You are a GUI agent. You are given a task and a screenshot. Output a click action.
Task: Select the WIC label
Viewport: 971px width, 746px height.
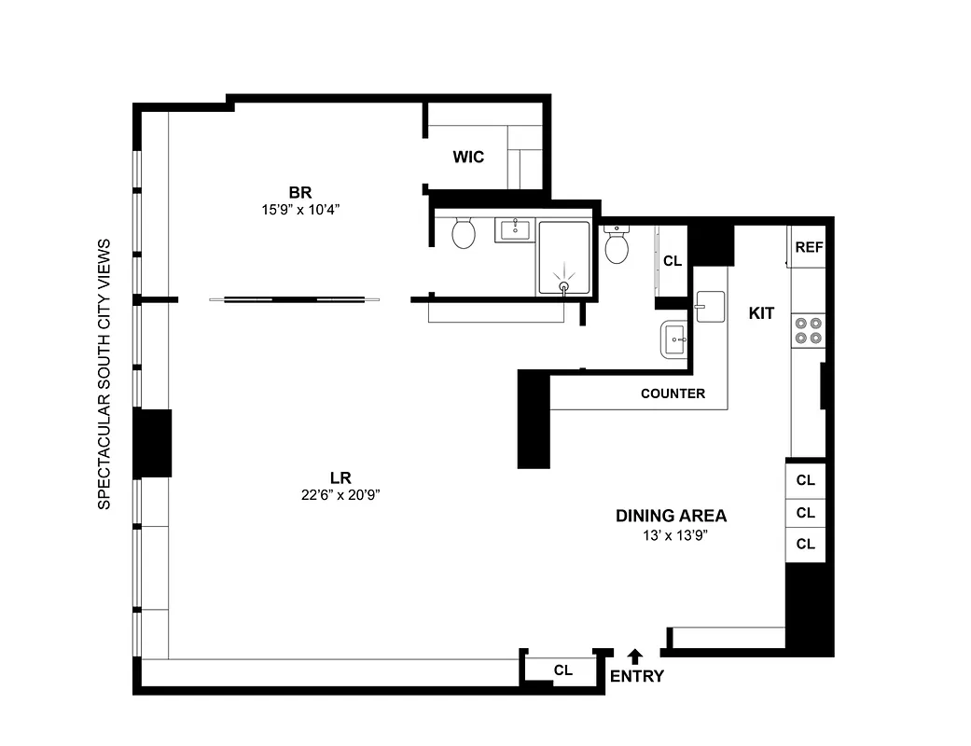coord(468,157)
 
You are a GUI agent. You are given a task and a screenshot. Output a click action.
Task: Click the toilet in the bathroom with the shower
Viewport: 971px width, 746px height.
coord(464,232)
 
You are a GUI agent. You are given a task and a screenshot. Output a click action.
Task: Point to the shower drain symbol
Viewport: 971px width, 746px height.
coord(563,286)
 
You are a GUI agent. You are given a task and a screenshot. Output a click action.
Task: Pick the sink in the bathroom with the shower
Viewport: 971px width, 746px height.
coord(515,227)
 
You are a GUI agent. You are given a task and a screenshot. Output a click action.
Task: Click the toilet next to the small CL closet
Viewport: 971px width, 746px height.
coord(616,246)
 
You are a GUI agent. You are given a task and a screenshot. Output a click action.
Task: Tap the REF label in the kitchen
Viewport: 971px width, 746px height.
coord(808,247)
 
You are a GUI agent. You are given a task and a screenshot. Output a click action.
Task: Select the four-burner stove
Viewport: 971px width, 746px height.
coord(808,330)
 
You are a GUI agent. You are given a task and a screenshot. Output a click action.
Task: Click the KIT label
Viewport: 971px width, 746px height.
coord(761,313)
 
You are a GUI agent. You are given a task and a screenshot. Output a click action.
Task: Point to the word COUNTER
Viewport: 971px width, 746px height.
coord(673,394)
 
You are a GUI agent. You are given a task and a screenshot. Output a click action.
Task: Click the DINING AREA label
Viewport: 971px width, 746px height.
coord(671,516)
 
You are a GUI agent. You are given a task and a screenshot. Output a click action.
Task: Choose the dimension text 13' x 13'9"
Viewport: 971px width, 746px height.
coord(671,535)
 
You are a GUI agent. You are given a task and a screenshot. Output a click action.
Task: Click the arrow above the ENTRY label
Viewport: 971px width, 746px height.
coord(635,656)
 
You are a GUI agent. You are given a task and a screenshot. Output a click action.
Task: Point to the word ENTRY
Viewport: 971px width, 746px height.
coord(636,676)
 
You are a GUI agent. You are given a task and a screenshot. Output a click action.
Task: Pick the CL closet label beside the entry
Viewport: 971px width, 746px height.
coord(562,670)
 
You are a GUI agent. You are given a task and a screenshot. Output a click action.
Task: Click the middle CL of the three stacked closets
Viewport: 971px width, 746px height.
coord(806,512)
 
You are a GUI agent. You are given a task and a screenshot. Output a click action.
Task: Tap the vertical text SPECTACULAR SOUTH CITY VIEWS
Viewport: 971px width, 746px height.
coord(104,374)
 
